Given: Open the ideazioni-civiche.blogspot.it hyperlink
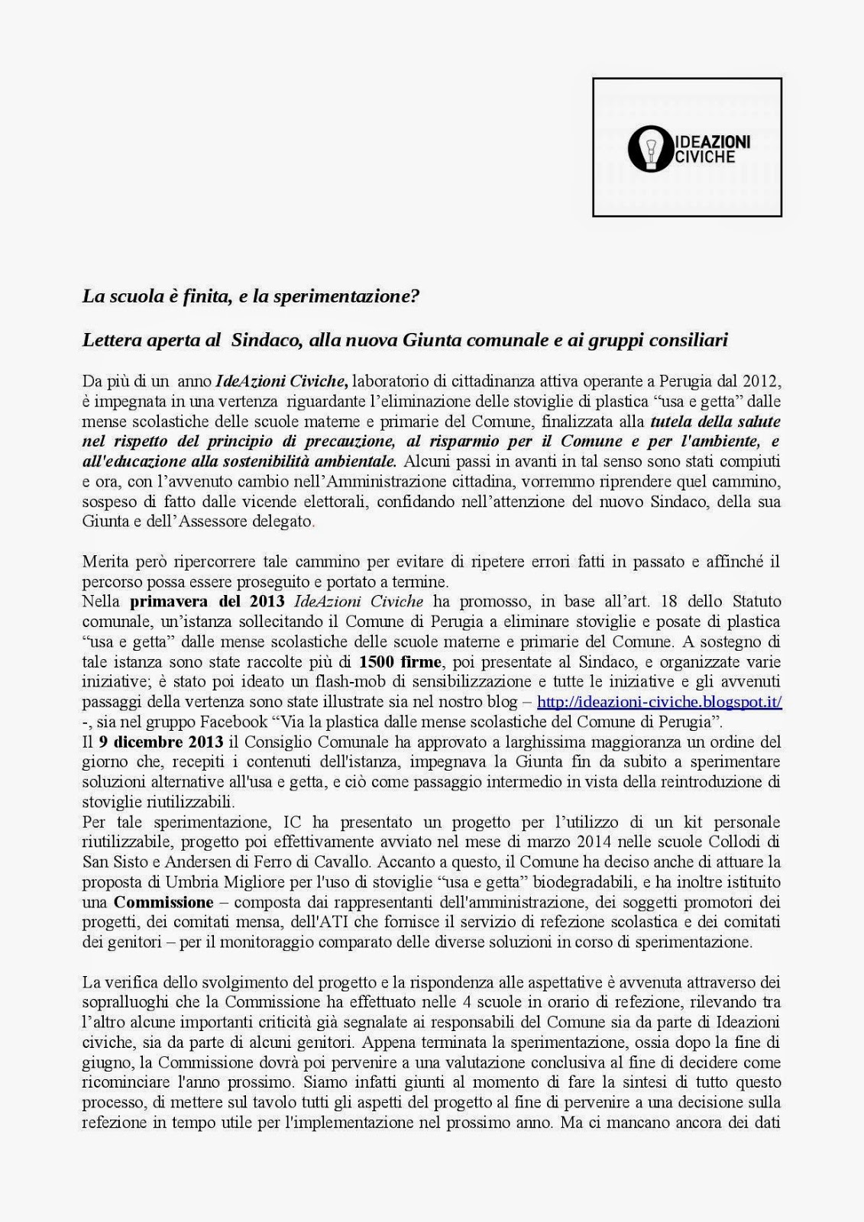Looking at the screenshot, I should click(659, 701).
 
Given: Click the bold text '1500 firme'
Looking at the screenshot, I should click(400, 661).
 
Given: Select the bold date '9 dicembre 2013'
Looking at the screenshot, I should click(161, 742).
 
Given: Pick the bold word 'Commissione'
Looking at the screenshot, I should click(163, 902).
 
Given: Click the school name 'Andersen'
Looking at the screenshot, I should click(183, 862).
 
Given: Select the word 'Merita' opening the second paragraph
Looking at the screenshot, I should click(105, 562).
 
